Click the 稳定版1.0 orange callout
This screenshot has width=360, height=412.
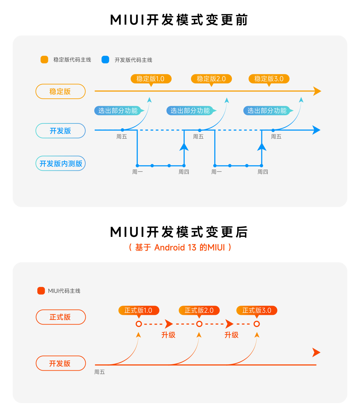point(151,79)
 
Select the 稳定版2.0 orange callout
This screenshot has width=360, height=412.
point(211,79)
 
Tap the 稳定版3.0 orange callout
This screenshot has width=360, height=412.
point(269,79)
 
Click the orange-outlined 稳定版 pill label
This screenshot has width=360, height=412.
point(60,91)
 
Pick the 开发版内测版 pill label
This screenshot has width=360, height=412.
point(60,163)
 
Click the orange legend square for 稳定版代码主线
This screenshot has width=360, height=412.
point(44,60)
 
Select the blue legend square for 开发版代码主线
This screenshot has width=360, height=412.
point(105,60)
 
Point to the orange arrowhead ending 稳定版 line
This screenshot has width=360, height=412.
point(317,91)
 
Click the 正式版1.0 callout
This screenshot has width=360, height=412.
point(139,311)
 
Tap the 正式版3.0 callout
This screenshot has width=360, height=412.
point(257,311)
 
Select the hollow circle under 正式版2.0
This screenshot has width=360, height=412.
point(199,324)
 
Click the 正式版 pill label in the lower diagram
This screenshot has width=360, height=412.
point(60,317)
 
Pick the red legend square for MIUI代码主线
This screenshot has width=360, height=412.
point(41,291)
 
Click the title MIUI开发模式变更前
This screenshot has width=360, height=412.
point(179,20)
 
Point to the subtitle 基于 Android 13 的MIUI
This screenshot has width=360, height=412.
point(180,248)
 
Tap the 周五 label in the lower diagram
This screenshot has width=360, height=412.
point(99,372)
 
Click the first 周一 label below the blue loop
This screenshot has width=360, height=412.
point(137,172)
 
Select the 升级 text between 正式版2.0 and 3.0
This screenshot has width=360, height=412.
point(231,335)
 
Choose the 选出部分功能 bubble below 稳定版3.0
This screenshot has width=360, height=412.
point(267,111)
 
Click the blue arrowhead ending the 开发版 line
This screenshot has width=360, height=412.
point(316,130)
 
